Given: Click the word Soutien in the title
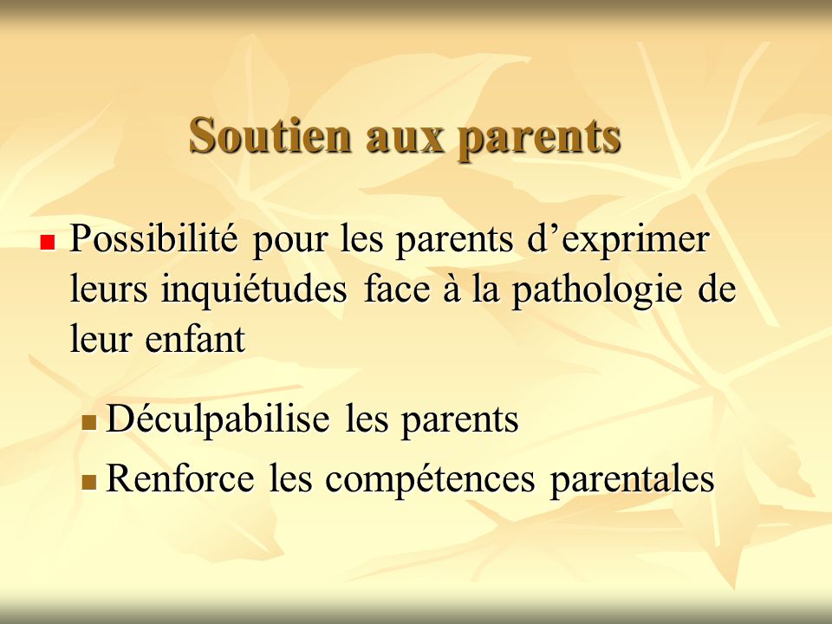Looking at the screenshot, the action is click(270, 135).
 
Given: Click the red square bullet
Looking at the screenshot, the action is click(48, 243).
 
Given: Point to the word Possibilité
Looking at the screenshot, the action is click(153, 238).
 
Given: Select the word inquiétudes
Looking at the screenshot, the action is click(254, 291).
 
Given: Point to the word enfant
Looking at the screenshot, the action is click(195, 338).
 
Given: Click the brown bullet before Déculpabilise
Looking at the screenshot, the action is click(89, 423).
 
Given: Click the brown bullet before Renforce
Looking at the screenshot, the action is click(89, 482).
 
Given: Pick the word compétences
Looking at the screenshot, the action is click(430, 480).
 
